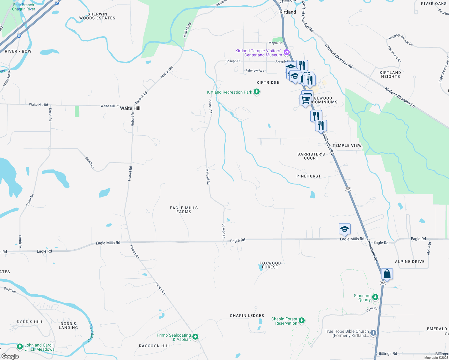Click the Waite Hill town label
130,108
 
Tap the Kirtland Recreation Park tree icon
257,92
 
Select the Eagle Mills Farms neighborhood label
184,210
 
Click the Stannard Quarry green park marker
375,297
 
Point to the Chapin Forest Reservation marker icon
302,321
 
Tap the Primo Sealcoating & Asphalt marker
195,337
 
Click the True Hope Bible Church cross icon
373,333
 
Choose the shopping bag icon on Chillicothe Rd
387,274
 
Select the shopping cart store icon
305,99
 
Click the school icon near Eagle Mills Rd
345,229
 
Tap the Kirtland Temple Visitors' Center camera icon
287,52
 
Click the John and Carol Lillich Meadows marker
20,347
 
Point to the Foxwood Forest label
270,265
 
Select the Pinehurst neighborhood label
309,176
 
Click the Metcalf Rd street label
207,176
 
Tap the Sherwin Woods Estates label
97,16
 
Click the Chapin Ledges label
247,316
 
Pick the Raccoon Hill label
155,346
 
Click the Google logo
10,356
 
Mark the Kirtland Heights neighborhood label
390,74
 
